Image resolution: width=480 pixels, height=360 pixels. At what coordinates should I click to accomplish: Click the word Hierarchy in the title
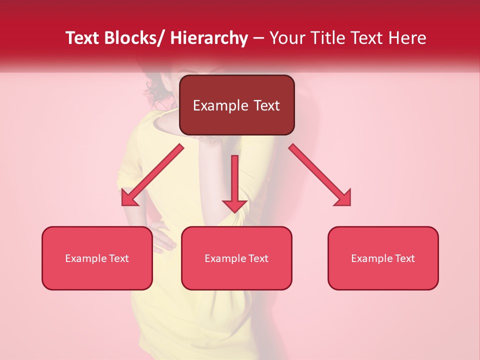(x=209, y=38)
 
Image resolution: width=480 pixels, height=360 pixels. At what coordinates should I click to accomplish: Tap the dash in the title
(x=258, y=38)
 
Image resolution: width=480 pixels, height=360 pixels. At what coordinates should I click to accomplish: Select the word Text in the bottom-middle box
(x=258, y=258)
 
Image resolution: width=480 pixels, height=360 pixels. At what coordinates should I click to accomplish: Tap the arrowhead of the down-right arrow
(x=343, y=198)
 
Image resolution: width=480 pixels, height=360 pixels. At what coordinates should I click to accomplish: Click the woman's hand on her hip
(x=162, y=240)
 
